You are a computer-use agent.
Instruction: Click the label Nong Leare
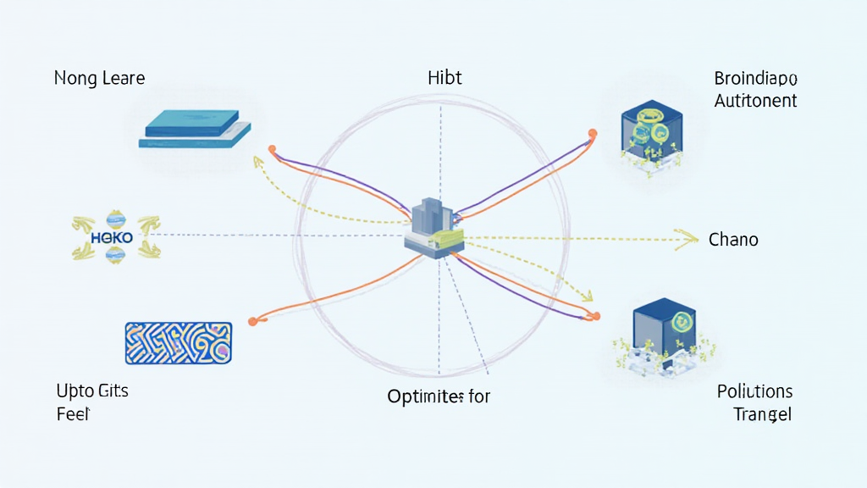[x=99, y=79]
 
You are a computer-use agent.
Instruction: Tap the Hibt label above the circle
[x=445, y=79]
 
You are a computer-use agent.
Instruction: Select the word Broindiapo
[x=755, y=80]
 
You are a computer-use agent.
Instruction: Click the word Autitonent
[x=755, y=101]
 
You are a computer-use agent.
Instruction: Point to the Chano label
[x=733, y=240]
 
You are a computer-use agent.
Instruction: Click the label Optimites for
[x=439, y=396]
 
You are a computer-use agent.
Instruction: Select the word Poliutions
[x=754, y=392]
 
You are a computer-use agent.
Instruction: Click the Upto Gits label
[x=92, y=391]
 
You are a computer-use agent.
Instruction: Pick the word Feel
[x=74, y=414]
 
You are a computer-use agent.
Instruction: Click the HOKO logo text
[x=111, y=238]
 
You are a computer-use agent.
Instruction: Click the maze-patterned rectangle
[x=178, y=343]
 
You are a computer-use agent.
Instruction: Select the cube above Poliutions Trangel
[x=663, y=329]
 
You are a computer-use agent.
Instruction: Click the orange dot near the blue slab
[x=272, y=150]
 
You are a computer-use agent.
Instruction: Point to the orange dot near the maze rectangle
[x=252, y=321]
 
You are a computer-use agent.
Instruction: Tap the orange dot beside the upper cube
[x=593, y=132]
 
